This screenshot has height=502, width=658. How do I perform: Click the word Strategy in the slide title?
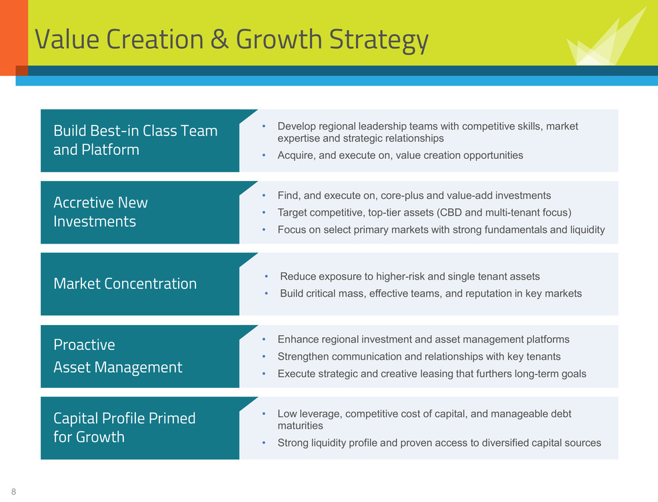379,40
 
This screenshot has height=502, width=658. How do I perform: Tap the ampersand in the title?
219,39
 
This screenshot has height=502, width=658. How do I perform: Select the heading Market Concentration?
125,284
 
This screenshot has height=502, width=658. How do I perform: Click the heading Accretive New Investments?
101,212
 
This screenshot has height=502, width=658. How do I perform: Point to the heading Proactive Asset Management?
118,356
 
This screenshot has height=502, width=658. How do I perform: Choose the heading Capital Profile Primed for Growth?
125,427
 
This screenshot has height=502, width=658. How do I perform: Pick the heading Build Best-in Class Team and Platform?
135,140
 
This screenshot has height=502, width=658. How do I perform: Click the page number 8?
14,491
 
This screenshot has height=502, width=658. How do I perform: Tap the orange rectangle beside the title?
14,38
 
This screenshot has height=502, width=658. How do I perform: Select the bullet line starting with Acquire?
401,156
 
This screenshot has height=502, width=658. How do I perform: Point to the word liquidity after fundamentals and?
587,230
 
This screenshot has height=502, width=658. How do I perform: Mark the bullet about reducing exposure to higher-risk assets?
410,276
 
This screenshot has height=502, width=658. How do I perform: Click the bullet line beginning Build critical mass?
431,293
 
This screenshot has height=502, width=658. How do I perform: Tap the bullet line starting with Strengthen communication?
419,356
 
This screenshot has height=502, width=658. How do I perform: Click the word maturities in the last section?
301,426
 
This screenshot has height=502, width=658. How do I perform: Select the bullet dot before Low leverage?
264,414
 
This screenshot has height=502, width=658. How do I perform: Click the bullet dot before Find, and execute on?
264,196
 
